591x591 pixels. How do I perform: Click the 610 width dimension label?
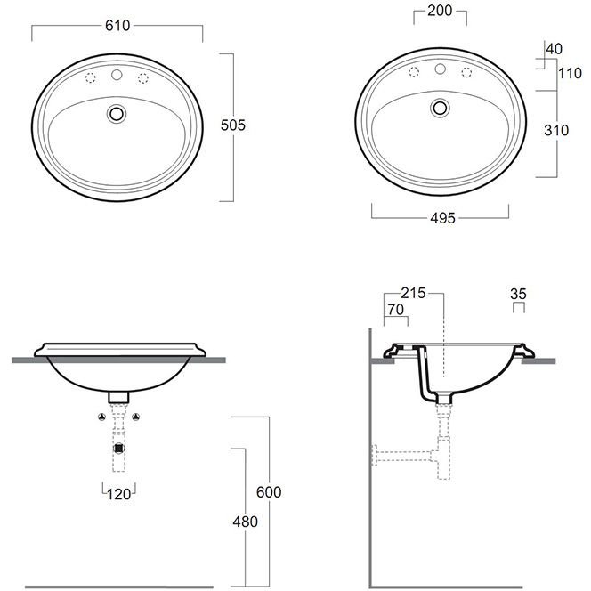click(117, 26)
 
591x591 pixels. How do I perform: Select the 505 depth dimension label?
click(233, 125)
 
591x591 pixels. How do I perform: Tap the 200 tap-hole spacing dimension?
click(440, 11)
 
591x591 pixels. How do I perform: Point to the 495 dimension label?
click(442, 218)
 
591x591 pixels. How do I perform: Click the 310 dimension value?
click(556, 131)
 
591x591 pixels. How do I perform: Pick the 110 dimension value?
click(570, 73)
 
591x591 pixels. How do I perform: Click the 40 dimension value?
click(554, 49)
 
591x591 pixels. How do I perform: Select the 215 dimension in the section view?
click(413, 293)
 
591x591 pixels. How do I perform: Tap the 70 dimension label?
click(395, 310)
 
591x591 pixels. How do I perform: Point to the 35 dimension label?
click(518, 294)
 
